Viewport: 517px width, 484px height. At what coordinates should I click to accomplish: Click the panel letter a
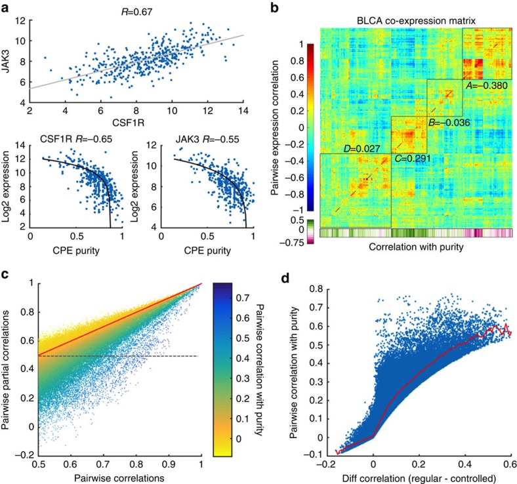[x=7, y=7]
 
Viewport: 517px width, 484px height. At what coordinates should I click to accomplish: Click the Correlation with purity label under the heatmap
[x=411, y=249]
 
